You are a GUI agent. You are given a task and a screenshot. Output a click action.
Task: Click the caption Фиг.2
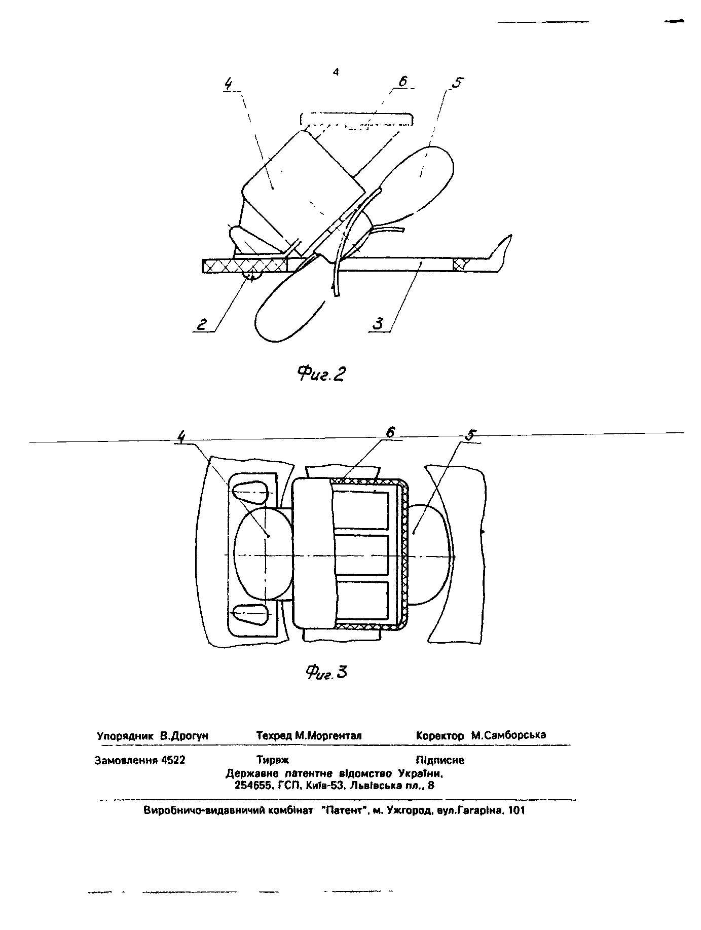[x=321, y=374]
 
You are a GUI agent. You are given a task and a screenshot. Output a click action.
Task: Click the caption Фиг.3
[x=327, y=672]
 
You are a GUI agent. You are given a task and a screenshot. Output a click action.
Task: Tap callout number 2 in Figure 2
[x=202, y=324]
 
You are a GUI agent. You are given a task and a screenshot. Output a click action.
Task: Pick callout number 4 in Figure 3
[x=181, y=436]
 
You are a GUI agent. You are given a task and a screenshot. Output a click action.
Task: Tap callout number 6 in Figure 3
[x=390, y=432]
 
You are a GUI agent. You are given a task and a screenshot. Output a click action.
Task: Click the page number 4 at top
[x=336, y=72]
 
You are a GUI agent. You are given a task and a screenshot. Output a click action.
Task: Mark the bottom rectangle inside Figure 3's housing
[x=361, y=601]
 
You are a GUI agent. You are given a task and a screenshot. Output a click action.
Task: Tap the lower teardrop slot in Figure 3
[x=250, y=614]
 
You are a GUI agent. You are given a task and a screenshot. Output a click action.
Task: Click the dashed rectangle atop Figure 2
[x=356, y=119]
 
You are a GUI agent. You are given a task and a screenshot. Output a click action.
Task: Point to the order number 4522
[x=173, y=760]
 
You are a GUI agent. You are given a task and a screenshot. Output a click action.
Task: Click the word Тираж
[x=272, y=760]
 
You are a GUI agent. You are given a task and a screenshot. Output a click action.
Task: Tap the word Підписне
[x=440, y=760]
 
